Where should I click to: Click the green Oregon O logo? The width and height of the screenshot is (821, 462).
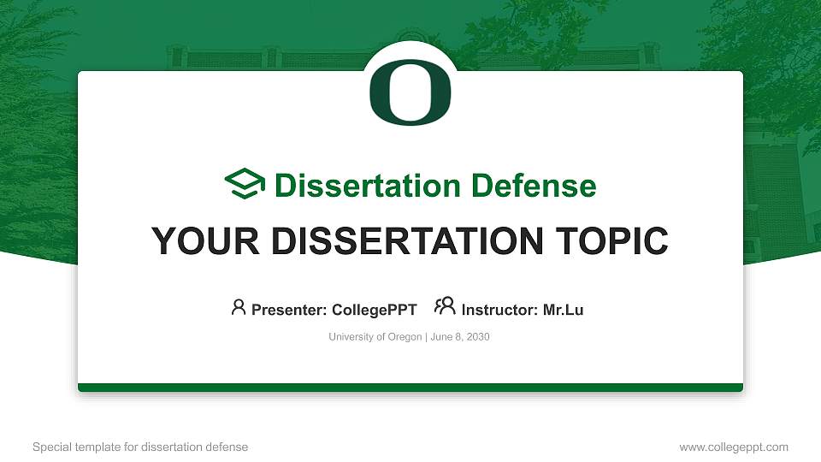point(410,92)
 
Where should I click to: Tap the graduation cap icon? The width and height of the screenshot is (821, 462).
point(245,185)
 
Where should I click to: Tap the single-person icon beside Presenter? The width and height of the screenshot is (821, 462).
point(239,306)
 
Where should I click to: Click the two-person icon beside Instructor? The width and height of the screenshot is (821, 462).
point(445,306)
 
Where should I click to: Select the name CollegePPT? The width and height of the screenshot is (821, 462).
point(375,310)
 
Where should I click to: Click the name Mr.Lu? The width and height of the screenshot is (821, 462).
point(563,310)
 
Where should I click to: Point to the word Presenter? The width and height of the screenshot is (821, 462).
point(289,310)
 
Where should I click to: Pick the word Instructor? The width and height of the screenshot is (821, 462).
point(500,310)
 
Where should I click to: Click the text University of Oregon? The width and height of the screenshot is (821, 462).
point(375,337)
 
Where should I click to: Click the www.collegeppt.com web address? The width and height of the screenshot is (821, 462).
point(734,447)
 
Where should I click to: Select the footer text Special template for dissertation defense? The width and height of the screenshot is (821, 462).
point(140,447)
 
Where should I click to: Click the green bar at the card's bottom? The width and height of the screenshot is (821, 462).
point(410,388)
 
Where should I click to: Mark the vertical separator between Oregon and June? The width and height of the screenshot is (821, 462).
point(425,337)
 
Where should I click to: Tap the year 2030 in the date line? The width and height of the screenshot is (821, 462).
point(476,337)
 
